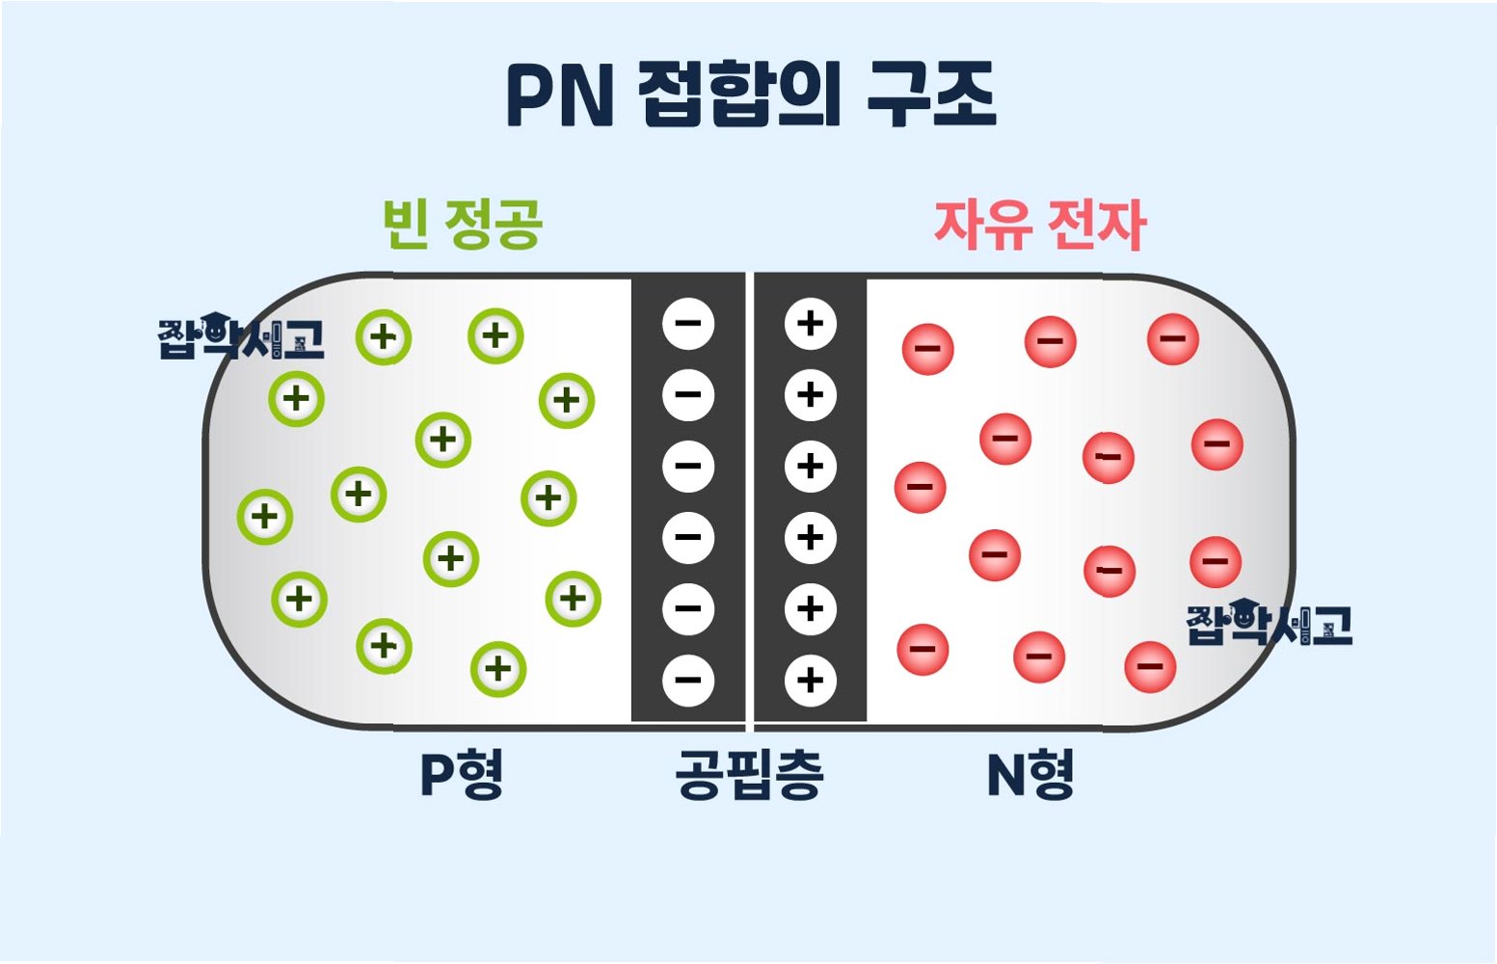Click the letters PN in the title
pyautogui.click(x=559, y=96)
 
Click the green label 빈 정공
pyautogui.click(x=463, y=225)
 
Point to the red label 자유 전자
pyautogui.click(x=1039, y=226)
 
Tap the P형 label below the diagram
pyautogui.click(x=462, y=775)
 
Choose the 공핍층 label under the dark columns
pyautogui.click(x=749, y=775)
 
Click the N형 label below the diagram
pyautogui.click(x=1029, y=775)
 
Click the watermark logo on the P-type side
pyautogui.click(x=241, y=336)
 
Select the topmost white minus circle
pyautogui.click(x=688, y=324)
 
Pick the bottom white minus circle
pyautogui.click(x=688, y=681)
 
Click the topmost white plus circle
pyautogui.click(x=811, y=324)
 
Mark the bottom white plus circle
pyautogui.click(x=811, y=681)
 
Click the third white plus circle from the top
pyautogui.click(x=811, y=467)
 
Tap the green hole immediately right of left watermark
pyautogui.click(x=384, y=337)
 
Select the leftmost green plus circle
pyautogui.click(x=265, y=517)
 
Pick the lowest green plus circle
pyautogui.click(x=498, y=669)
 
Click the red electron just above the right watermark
pyautogui.click(x=1216, y=561)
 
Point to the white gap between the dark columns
pyautogui.click(x=749, y=496)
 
